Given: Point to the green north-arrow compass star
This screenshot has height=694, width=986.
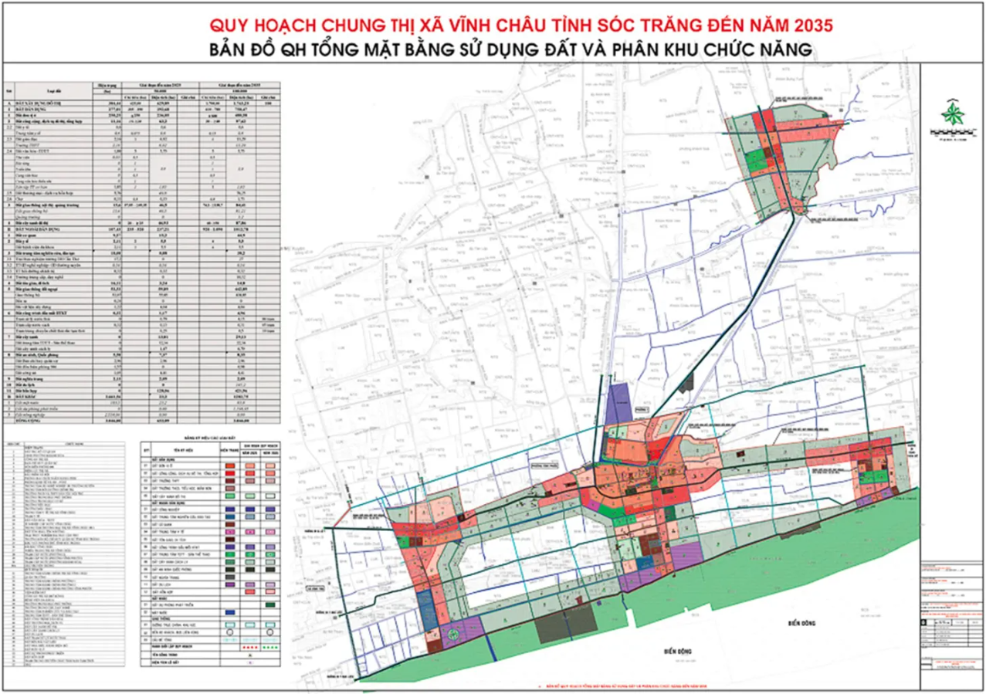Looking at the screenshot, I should tap(952, 116).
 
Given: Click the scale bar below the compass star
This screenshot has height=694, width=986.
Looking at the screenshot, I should tap(952, 140).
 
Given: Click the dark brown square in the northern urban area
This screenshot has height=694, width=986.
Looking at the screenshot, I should tap(770, 154).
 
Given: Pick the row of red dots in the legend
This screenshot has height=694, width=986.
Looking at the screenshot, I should tap(250, 646).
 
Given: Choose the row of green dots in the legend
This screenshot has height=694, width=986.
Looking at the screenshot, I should tap(270, 646).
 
